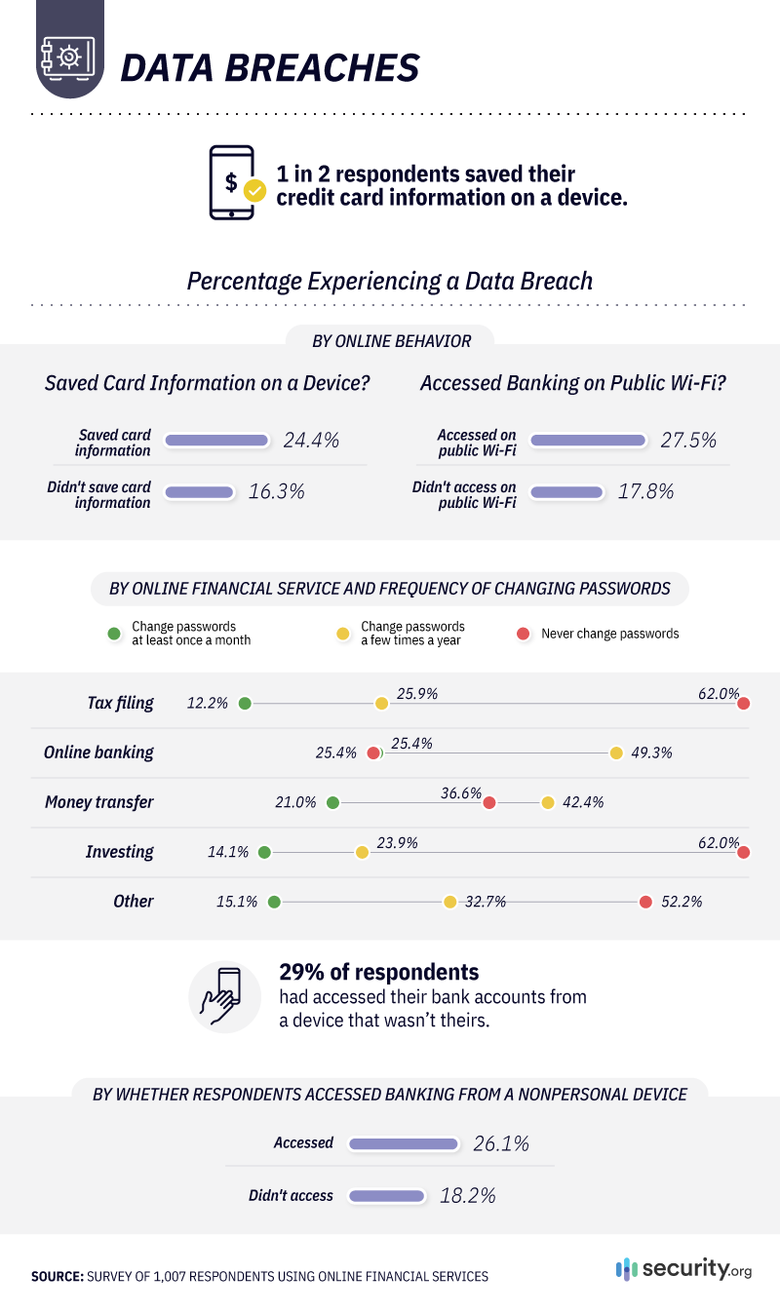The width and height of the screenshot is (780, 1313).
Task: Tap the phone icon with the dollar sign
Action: click(x=234, y=182)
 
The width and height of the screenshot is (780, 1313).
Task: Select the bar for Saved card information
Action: click(x=216, y=441)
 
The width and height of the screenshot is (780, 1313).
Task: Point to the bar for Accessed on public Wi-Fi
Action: click(x=588, y=441)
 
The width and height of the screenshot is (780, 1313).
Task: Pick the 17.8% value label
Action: click(x=645, y=491)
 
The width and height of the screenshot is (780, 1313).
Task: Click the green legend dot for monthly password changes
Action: click(x=114, y=634)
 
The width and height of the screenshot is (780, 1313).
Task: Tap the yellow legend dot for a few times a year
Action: click(x=343, y=634)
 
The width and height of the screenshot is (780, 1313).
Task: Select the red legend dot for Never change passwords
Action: click(x=524, y=634)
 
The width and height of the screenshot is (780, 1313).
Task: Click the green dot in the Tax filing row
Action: click(x=245, y=703)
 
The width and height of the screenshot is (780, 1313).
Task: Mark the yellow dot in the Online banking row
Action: click(x=616, y=753)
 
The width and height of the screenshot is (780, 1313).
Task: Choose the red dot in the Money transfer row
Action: click(x=489, y=802)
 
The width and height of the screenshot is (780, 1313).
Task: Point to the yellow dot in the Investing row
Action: click(x=362, y=852)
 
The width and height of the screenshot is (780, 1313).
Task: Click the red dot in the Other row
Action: click(x=645, y=902)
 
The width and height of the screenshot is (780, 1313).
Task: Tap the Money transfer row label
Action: click(x=99, y=802)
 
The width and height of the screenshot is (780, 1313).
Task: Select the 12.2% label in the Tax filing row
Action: click(x=208, y=703)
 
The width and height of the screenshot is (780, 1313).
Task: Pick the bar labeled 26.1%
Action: click(x=403, y=1143)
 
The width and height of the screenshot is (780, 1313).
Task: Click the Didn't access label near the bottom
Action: click(x=291, y=1195)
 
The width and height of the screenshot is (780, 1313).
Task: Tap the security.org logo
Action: click(x=684, y=1269)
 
